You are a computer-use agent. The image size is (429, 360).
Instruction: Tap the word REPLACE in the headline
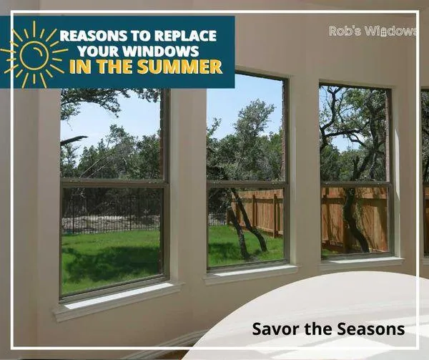coord(185,36)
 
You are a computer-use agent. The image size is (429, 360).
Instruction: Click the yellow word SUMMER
coord(179,67)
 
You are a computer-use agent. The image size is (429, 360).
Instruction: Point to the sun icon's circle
coord(34,55)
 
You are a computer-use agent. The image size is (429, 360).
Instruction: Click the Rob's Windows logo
coord(373,31)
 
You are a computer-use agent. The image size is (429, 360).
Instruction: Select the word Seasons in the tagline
coord(370,329)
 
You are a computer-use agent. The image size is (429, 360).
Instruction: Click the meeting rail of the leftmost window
coord(113,183)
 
